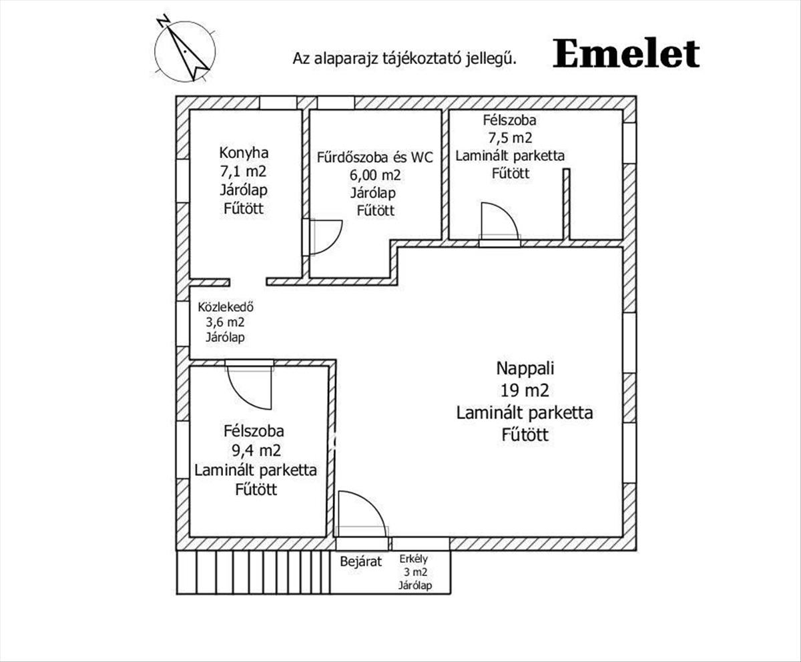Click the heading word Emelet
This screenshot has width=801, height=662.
625,54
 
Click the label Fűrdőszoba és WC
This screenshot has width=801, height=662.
375,158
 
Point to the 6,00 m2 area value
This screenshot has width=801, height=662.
375,176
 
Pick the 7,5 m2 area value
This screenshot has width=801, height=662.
510,138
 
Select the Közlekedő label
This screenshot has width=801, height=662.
225,308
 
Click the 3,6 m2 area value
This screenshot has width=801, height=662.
225,322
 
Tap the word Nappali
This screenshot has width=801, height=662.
525,368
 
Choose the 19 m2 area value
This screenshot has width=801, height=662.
525,390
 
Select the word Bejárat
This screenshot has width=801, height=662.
361,561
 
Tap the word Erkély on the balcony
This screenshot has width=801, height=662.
414,559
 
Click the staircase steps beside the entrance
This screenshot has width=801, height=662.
254,572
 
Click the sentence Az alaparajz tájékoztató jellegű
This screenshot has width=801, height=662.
405,58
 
